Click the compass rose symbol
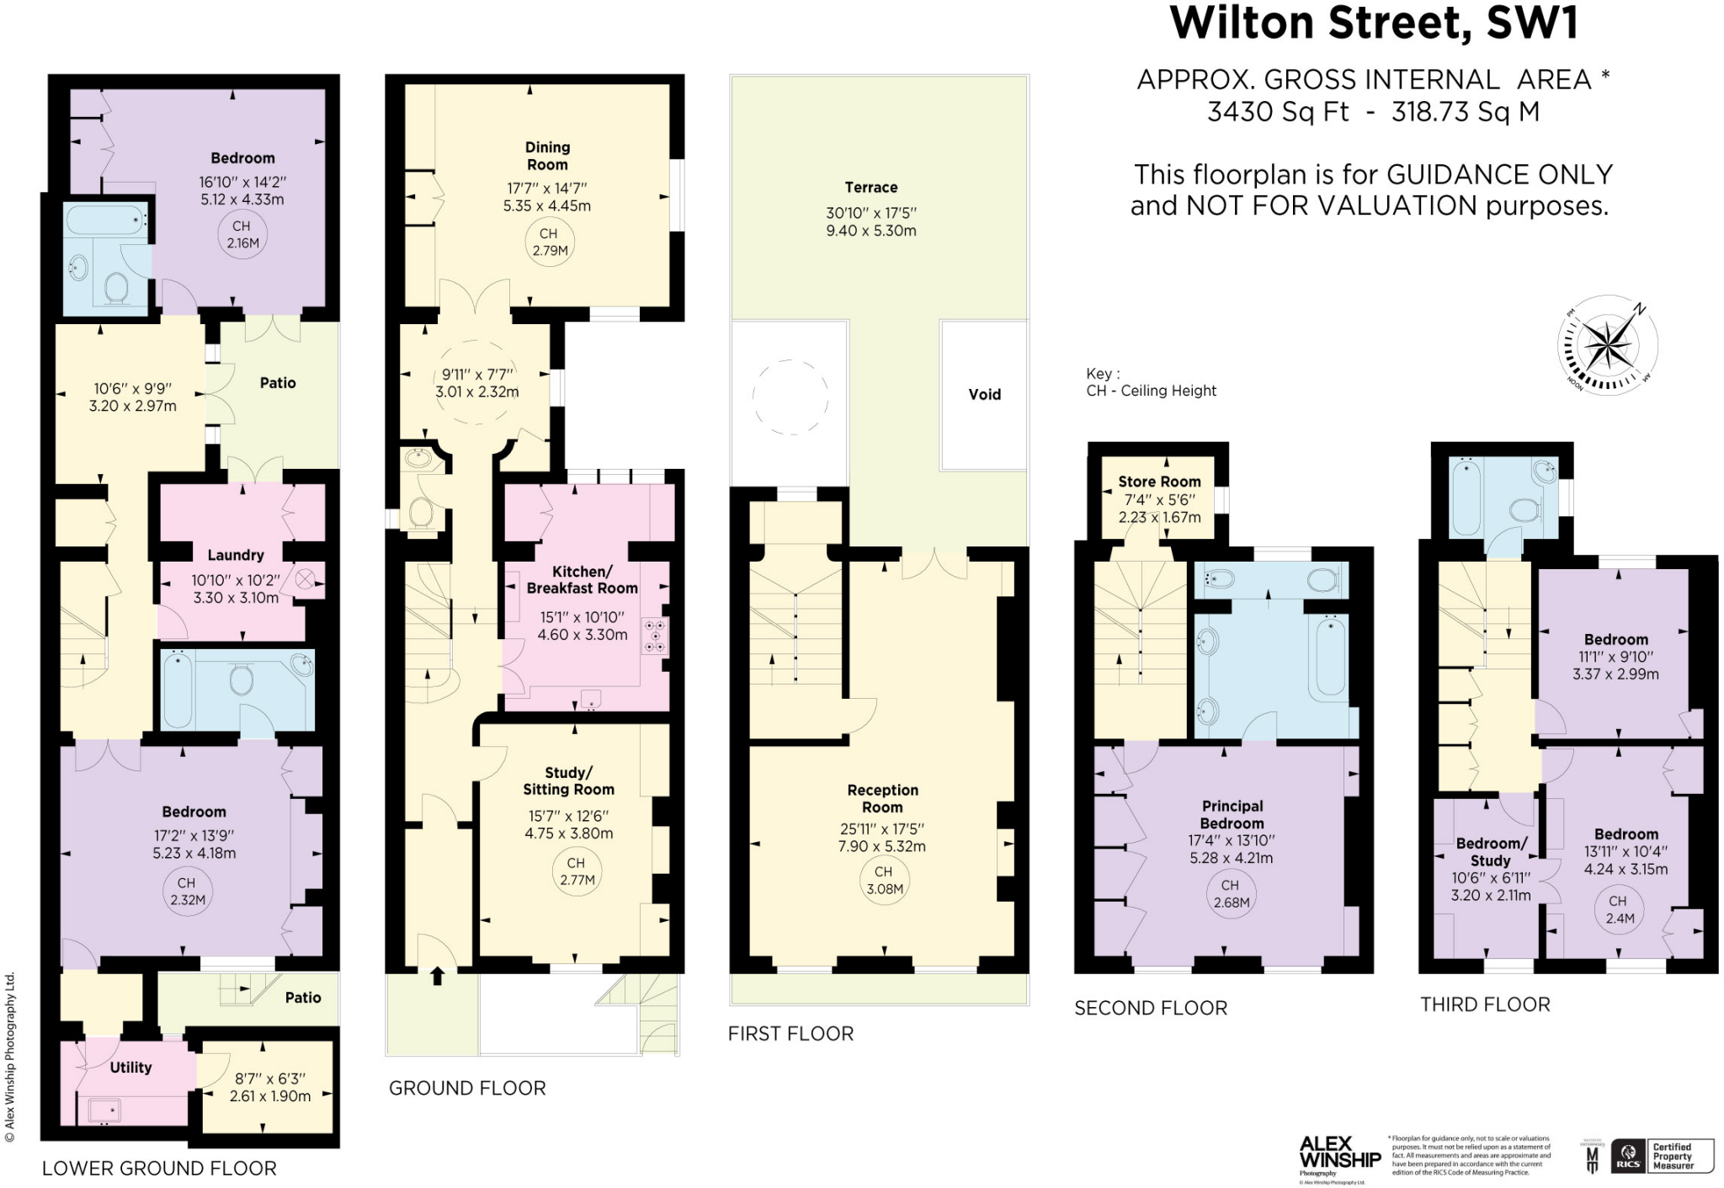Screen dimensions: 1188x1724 point(1608,346)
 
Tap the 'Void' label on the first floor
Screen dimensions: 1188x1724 point(984,394)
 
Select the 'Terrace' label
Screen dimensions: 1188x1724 point(871,188)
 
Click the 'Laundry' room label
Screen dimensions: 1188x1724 point(236,555)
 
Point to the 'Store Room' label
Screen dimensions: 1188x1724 point(1159,482)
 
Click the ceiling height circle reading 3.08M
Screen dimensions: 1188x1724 point(884,881)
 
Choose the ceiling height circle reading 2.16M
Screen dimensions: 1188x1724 point(242,235)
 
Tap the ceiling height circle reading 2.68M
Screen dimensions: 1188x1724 point(1231,894)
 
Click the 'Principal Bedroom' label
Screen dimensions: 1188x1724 point(1232,815)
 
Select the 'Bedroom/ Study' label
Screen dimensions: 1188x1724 point(1491,852)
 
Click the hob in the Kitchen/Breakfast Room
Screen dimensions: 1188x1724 point(656,636)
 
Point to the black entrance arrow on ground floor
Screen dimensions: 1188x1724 point(437,976)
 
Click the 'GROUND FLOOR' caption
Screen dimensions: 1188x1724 point(467,1088)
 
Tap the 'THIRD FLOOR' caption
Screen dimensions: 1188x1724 point(1485,1004)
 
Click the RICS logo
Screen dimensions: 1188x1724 point(1627,1156)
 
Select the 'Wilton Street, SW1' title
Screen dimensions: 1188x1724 point(1374,23)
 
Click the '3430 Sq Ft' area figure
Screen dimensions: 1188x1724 point(1277,112)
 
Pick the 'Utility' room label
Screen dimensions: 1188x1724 point(130,1068)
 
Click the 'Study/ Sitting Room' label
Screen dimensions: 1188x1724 point(569,781)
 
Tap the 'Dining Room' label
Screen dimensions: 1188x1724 point(547,156)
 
